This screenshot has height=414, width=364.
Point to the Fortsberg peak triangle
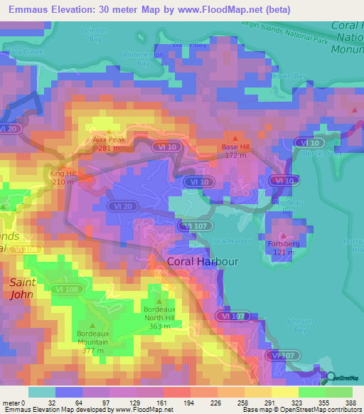(283, 235)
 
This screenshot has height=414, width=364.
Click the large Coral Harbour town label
(202, 262)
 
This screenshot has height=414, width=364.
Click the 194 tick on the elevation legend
(171, 403)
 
